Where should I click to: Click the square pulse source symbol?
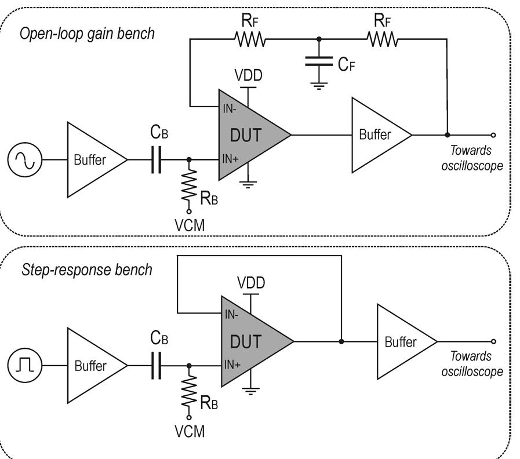coord(24,365)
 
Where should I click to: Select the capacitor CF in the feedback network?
coord(318,61)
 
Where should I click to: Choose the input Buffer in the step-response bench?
coord(93,366)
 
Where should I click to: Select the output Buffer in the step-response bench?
coord(403,341)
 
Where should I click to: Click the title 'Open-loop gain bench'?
coord(87,33)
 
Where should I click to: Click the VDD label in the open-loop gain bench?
coord(248,75)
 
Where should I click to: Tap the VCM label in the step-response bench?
coord(190,432)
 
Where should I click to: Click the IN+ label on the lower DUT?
coord(232,365)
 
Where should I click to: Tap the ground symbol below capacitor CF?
coord(318,85)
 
